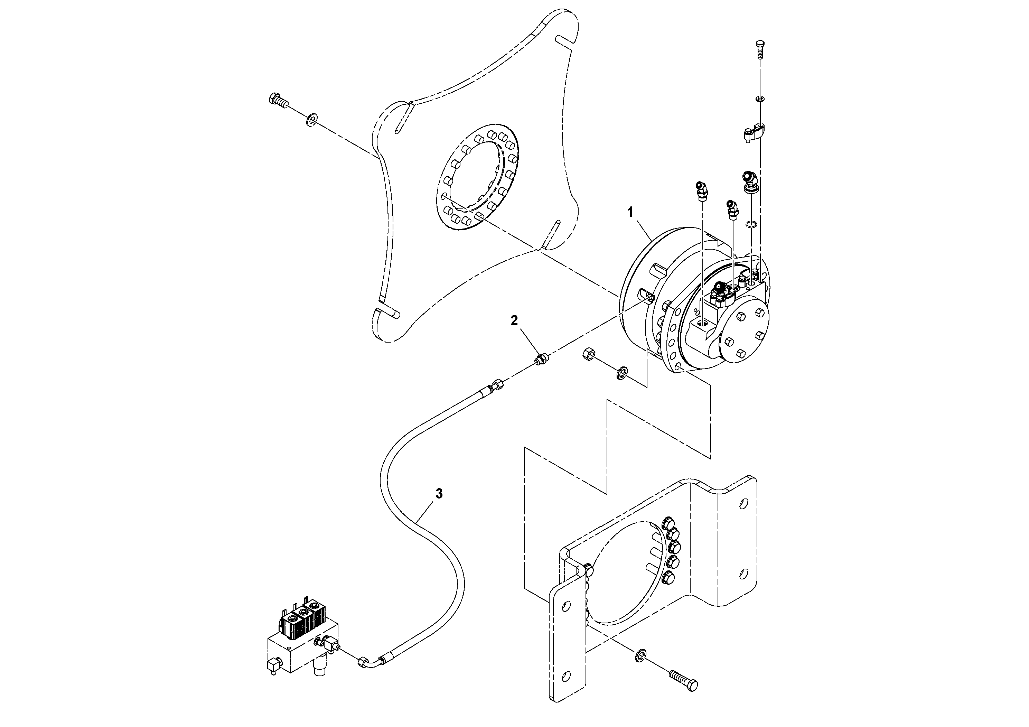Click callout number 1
click(x=630, y=212)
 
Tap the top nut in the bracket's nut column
click(x=667, y=524)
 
